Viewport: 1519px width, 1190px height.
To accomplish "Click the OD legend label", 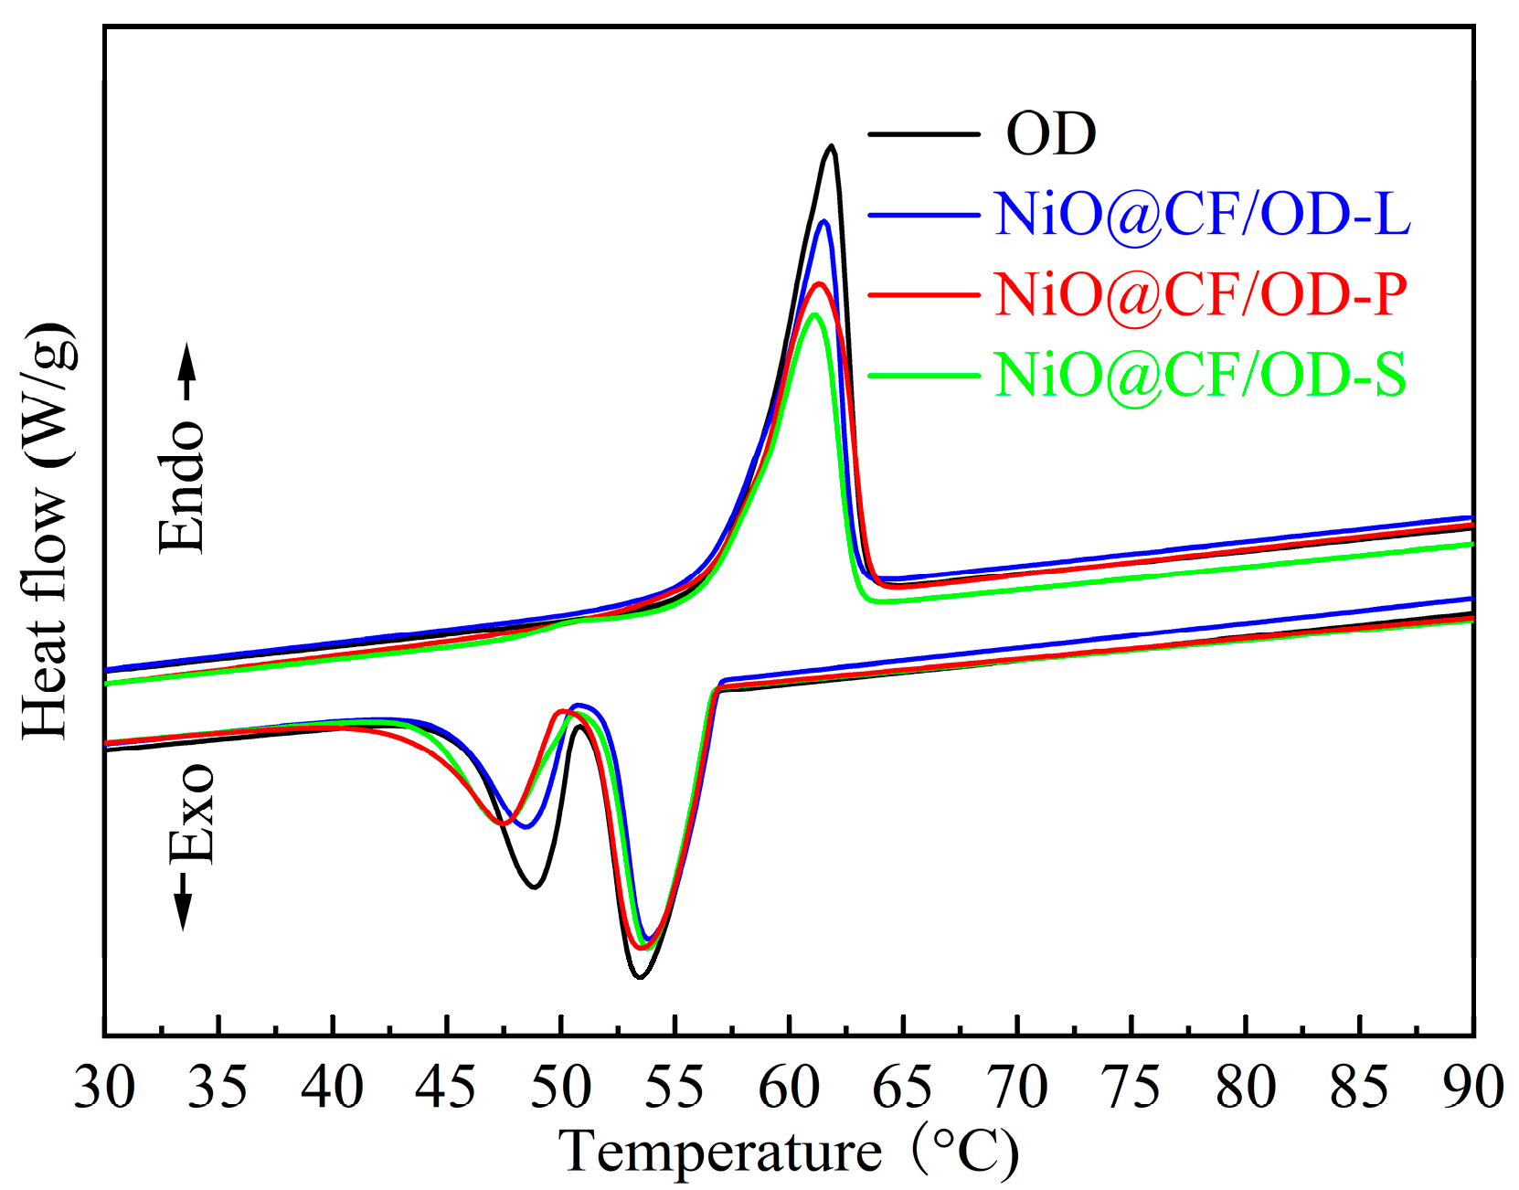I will [x=1050, y=134].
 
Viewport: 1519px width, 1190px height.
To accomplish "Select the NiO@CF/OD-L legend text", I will [x=1202, y=215].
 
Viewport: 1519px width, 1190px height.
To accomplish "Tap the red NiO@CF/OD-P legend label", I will [x=1200, y=294].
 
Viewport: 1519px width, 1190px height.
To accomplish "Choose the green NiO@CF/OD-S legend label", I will [x=1200, y=375].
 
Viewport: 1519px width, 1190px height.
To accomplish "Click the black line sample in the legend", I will [x=923, y=135].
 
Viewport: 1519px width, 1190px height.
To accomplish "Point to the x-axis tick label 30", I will [x=104, y=1088].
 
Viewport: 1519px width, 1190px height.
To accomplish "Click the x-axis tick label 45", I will [x=446, y=1088].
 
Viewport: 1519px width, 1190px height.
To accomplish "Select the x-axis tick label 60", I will [x=789, y=1088].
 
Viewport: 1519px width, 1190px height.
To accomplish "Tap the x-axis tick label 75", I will [x=1131, y=1088].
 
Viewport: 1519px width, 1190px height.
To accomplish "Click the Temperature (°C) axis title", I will [x=788, y=1151].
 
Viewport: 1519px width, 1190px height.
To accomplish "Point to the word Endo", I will [x=182, y=487].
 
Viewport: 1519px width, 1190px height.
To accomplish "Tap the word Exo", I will [x=191, y=814].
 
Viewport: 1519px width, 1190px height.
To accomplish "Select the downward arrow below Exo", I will [x=183, y=900].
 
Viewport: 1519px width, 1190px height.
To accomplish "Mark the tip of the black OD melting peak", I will [x=831, y=145].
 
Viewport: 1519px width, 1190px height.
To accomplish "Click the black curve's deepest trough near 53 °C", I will [x=640, y=977].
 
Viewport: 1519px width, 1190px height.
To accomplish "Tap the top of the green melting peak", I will [x=814, y=314].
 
